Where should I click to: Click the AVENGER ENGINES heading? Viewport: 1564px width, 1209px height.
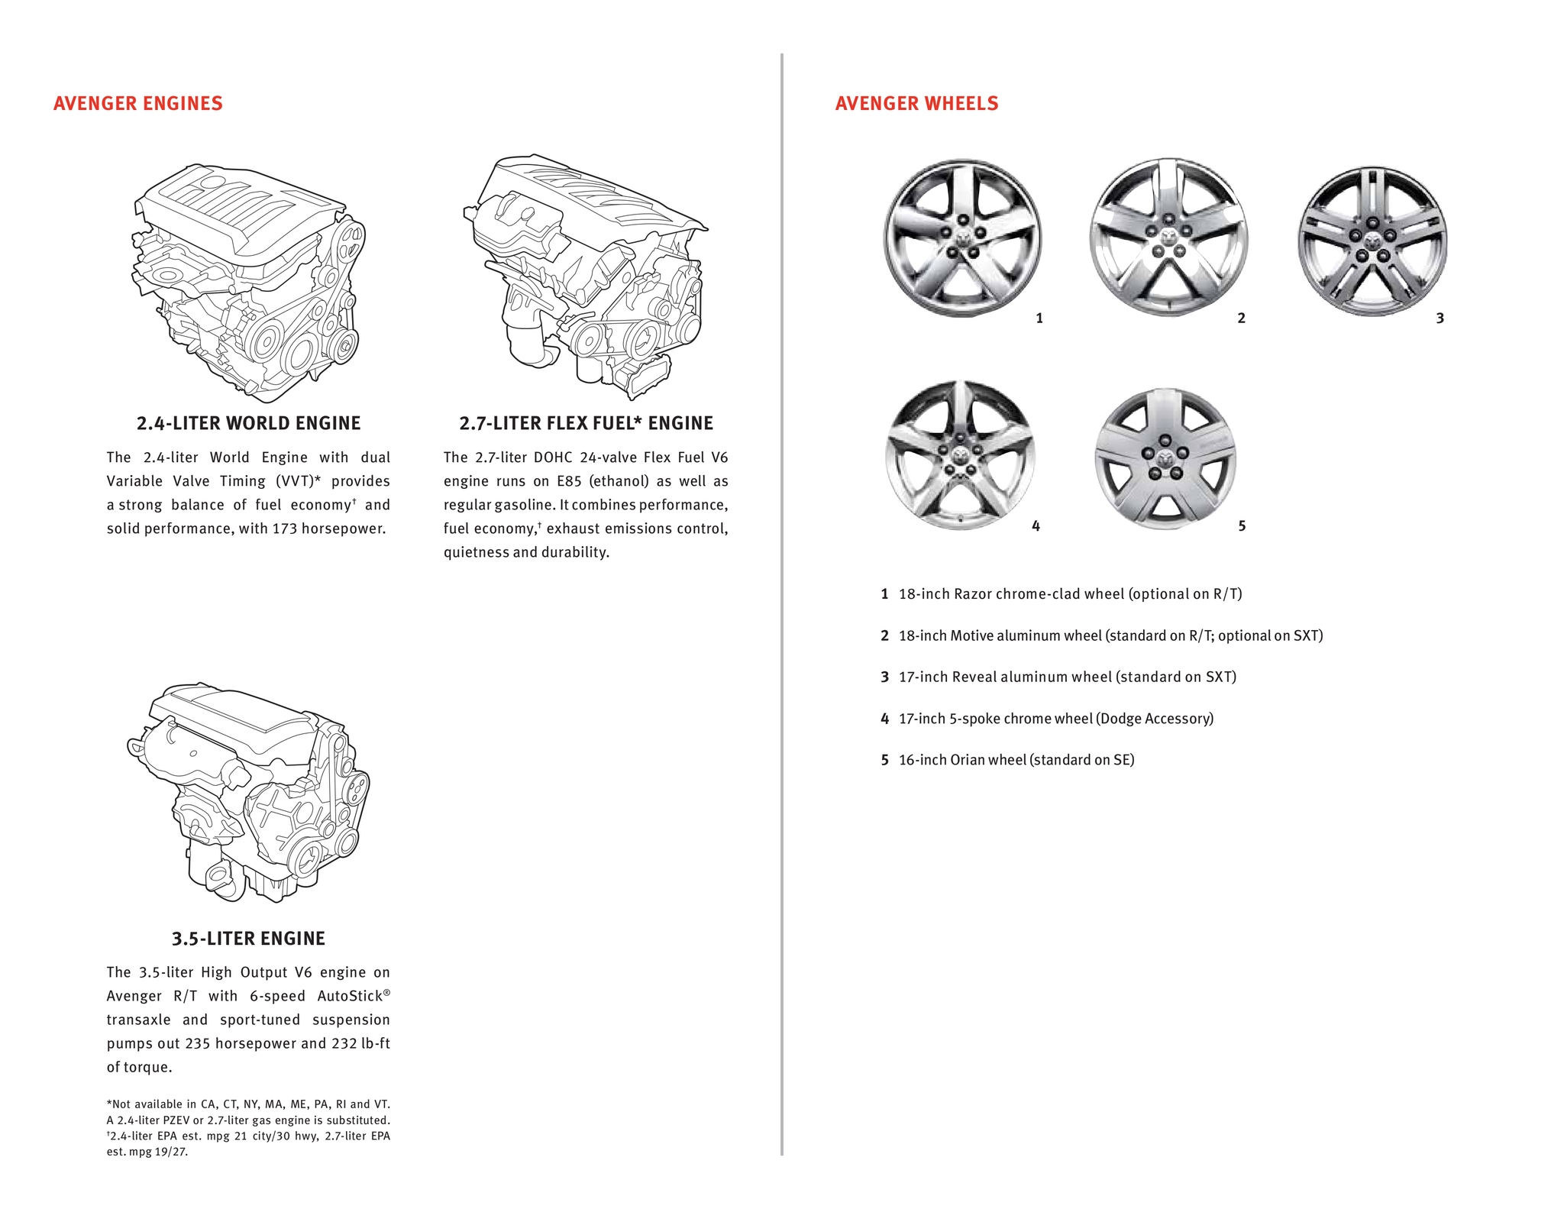point(138,104)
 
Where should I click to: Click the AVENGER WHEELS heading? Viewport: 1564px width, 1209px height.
point(916,104)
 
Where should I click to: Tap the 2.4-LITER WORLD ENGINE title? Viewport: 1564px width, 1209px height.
point(248,423)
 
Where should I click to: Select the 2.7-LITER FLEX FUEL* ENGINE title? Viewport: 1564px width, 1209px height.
point(586,423)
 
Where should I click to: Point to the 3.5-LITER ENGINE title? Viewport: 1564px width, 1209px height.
point(248,939)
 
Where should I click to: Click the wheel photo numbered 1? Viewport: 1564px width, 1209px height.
point(962,237)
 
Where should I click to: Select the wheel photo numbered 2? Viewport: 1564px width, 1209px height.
point(1168,237)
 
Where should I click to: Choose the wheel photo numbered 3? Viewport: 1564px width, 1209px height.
point(1372,241)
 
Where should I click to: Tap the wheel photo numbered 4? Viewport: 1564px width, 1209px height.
point(960,455)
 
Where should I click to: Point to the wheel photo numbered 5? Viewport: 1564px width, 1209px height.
point(1165,458)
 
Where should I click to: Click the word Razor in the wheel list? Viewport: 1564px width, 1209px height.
point(972,594)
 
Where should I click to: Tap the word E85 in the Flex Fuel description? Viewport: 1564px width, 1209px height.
point(569,481)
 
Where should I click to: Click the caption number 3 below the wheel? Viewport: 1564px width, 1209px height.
point(1440,318)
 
